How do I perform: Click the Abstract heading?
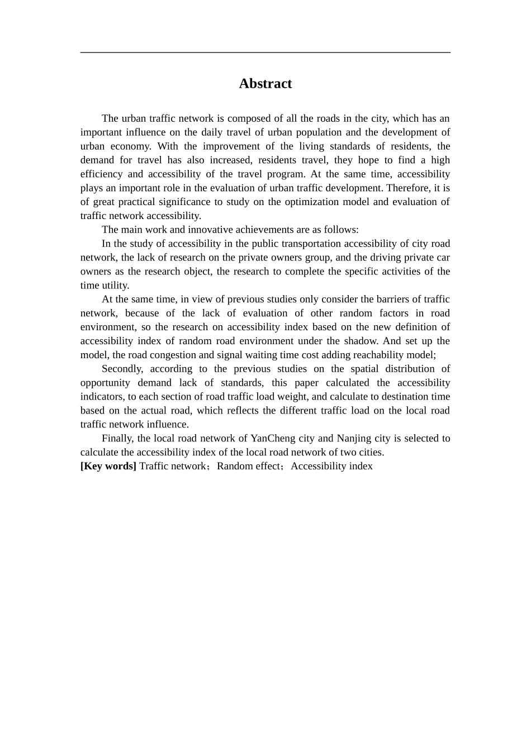point(265,84)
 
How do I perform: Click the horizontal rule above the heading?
point(265,53)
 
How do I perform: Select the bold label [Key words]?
point(108,466)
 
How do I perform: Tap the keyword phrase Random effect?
point(248,466)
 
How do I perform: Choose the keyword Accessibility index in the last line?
point(331,466)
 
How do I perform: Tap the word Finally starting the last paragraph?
point(118,438)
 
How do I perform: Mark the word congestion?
point(173,355)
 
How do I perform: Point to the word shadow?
point(361,341)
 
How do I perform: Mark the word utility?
point(116,286)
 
